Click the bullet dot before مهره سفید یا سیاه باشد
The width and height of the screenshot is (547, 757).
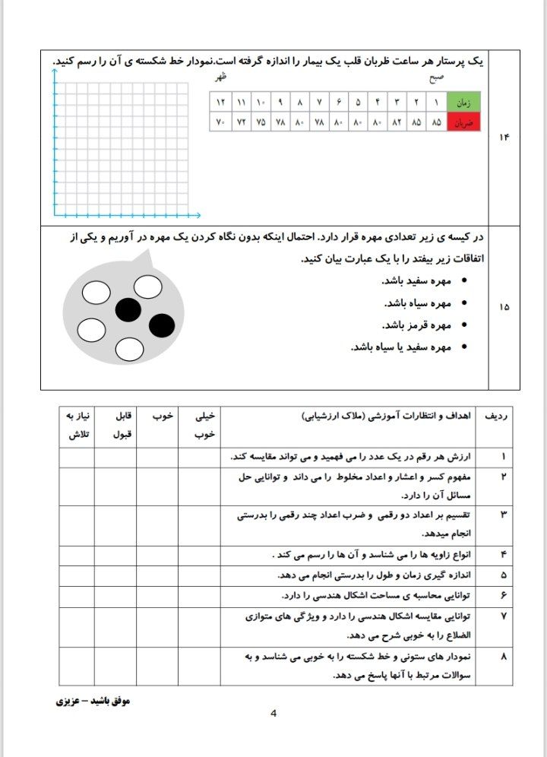pyautogui.click(x=463, y=347)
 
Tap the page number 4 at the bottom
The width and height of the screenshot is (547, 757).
pyautogui.click(x=273, y=714)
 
